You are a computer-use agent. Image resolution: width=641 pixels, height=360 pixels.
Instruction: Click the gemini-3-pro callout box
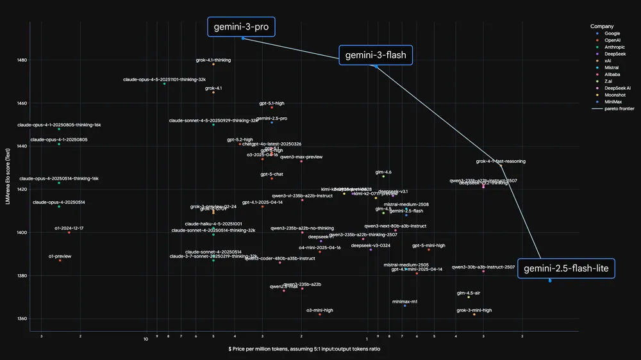[x=241, y=27]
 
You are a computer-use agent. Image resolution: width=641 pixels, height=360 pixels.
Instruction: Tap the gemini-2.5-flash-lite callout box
[x=566, y=269]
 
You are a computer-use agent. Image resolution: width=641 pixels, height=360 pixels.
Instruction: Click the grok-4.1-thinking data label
[x=213, y=60]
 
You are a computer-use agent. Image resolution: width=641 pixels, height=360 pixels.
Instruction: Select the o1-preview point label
[x=60, y=256]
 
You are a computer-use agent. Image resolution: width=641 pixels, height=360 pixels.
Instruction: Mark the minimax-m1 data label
[x=404, y=301]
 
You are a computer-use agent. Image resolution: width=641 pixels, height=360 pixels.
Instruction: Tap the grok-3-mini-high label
[x=474, y=310]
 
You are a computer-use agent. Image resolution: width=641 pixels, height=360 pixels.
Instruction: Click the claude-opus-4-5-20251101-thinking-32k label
[x=165, y=79]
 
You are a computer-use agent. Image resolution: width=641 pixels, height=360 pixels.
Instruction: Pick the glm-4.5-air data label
[x=469, y=293]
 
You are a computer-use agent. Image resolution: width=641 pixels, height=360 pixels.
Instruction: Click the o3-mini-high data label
[x=319, y=310]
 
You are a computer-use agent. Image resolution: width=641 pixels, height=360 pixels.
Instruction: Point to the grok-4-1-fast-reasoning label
[x=501, y=161]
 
